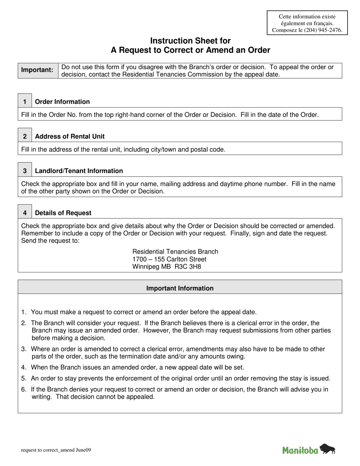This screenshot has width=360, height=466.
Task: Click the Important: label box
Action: (38, 70)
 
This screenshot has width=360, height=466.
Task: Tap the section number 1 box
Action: (25, 102)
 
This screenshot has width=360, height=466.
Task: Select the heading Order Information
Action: (62, 102)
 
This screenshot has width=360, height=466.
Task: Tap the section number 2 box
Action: (25, 136)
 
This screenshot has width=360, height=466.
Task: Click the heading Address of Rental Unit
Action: (70, 136)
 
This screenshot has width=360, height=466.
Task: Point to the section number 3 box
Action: (25, 171)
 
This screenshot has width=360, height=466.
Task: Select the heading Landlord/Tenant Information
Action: (79, 171)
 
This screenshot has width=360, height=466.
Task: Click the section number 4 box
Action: (25, 213)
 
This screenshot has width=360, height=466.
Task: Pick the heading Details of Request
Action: (63, 213)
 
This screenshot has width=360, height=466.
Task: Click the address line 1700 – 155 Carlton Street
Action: (169, 259)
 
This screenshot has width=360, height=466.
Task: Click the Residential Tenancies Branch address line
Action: (175, 252)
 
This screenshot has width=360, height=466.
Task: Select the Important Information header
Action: (180, 288)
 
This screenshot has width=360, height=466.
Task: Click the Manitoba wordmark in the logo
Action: (300, 450)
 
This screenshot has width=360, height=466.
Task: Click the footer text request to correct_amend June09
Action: (56, 450)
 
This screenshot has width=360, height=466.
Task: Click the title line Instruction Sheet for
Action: (190, 41)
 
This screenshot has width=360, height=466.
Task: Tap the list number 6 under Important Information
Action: (24, 389)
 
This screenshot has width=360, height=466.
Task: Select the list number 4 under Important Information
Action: (24, 367)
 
